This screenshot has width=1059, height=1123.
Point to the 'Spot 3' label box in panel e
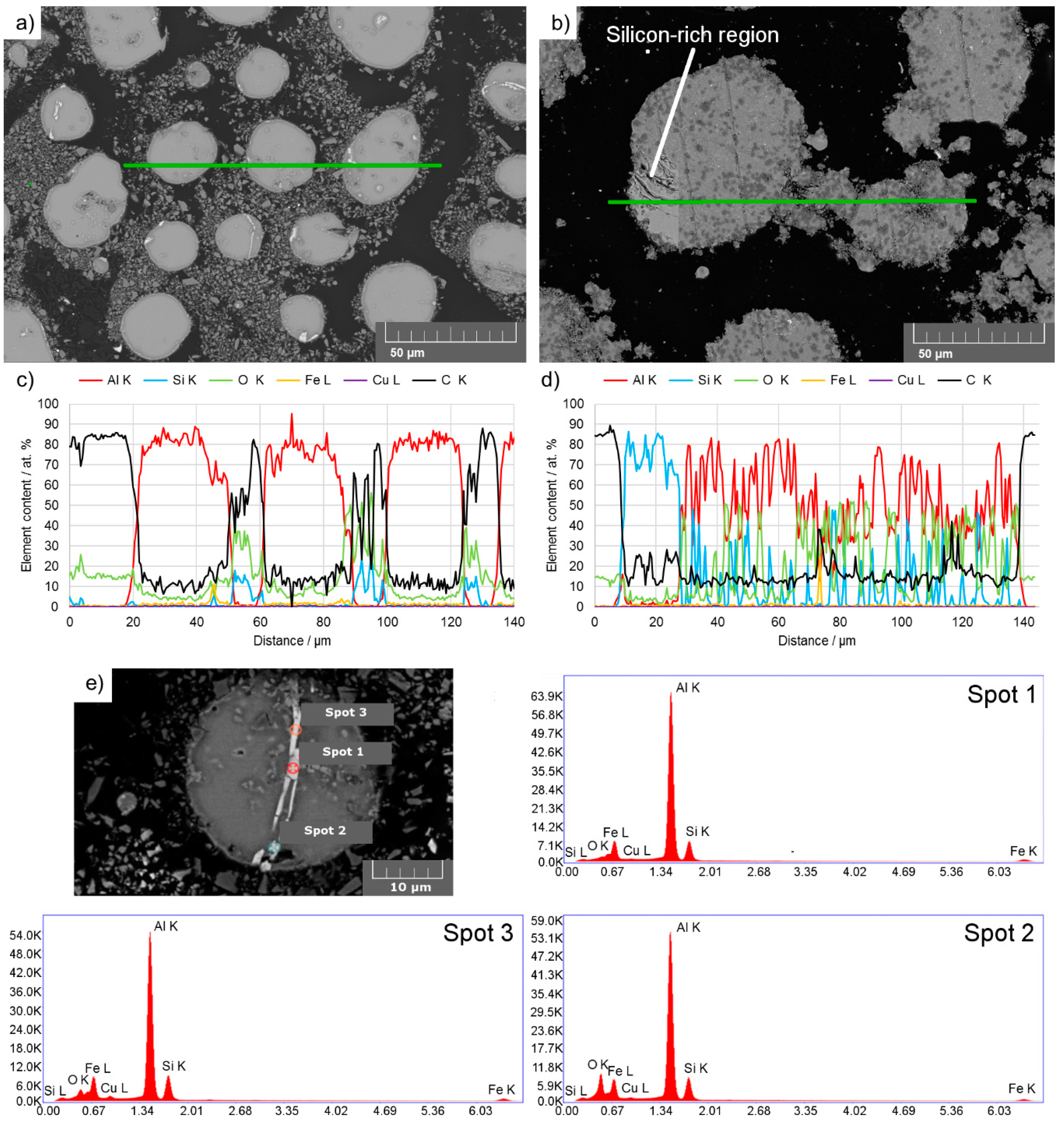pos(346,713)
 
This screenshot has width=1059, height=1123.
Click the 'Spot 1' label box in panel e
pos(343,752)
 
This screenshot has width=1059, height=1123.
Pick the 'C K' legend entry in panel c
pos(440,380)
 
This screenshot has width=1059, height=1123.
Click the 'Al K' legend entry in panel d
pos(631,380)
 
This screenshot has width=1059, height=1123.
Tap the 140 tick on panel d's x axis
pos(1023,622)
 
